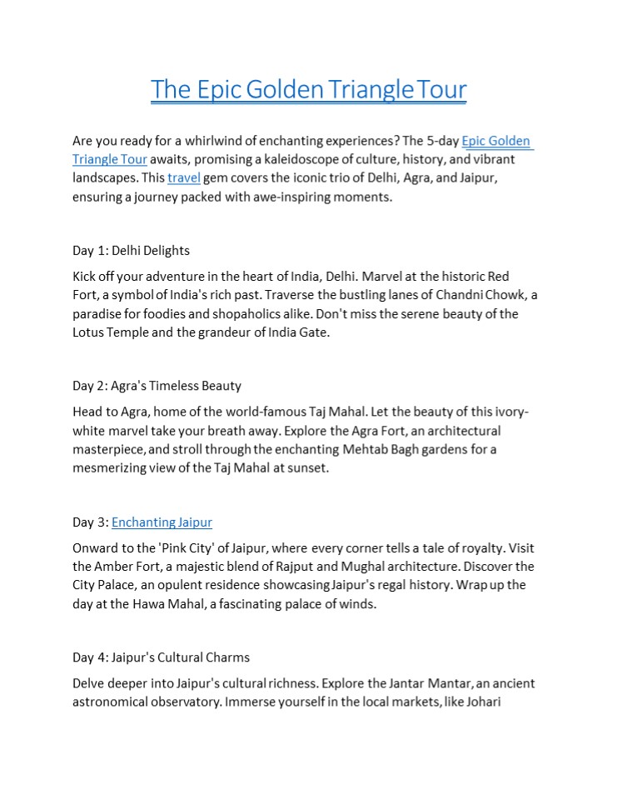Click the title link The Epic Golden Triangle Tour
[x=308, y=89]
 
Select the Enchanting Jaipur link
[x=162, y=522]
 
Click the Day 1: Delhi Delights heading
[x=131, y=250]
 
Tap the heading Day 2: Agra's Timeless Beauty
[x=157, y=386]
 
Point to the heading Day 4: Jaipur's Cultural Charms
[x=161, y=657]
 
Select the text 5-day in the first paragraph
[x=442, y=141]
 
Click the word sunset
[x=309, y=468]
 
